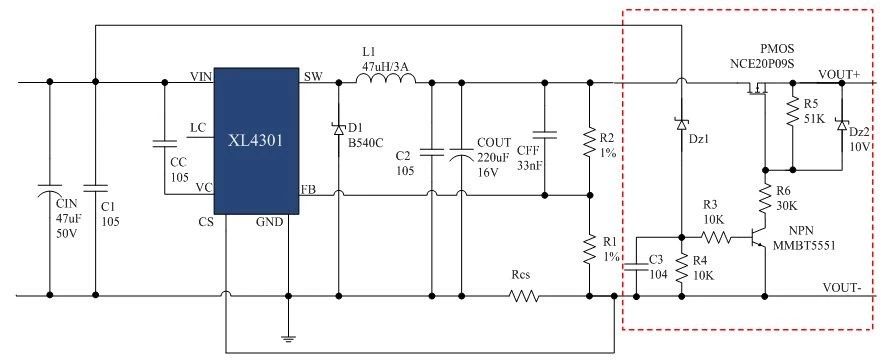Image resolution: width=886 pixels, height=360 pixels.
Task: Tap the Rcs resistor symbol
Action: click(x=524, y=296)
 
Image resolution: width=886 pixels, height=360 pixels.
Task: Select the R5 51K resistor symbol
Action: click(x=791, y=111)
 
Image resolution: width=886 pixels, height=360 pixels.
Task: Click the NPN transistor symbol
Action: click(x=757, y=238)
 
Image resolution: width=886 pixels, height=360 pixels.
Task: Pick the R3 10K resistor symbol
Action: click(x=717, y=238)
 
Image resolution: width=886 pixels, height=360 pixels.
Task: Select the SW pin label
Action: click(x=312, y=77)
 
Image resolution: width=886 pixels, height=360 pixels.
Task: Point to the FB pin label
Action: click(x=309, y=189)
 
